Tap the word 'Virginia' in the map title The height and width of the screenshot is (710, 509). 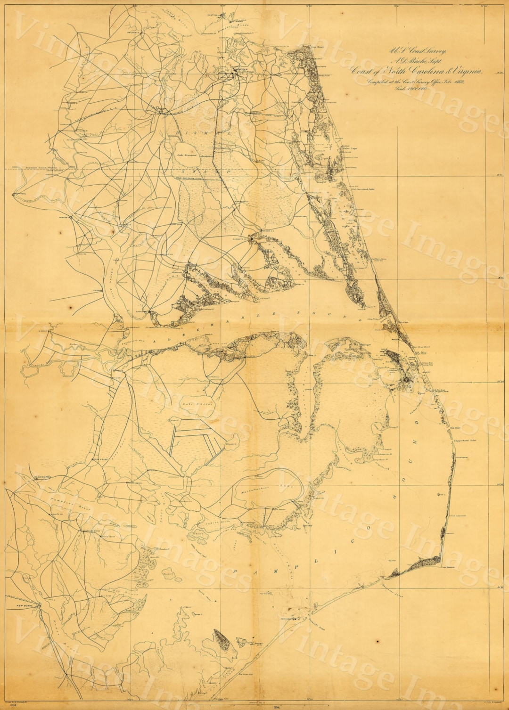point(465,71)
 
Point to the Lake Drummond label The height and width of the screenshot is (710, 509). point(187,154)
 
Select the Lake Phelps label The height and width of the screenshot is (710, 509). point(203,404)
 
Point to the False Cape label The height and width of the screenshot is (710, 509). point(351,148)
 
